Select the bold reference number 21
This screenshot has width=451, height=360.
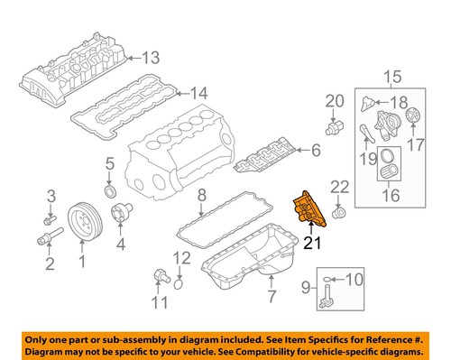[311, 242]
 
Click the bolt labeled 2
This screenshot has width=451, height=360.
[45, 239]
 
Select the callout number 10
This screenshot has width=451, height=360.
[352, 280]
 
